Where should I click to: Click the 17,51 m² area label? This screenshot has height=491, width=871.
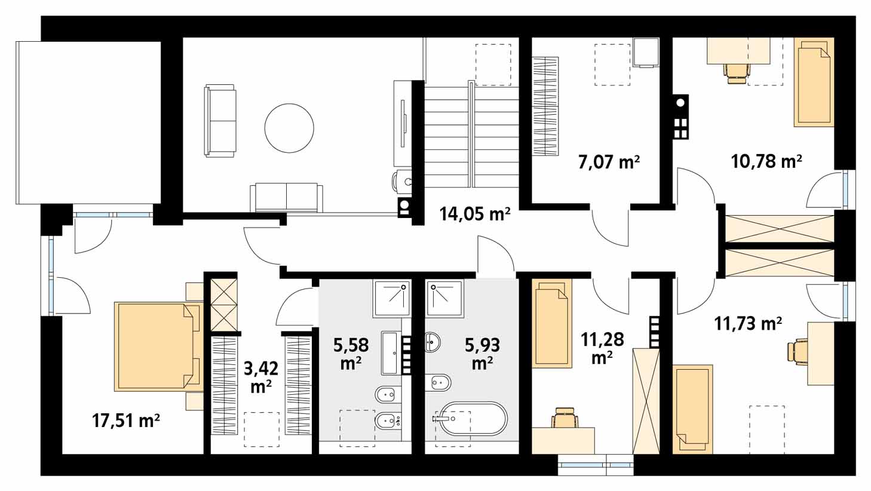click(126, 421)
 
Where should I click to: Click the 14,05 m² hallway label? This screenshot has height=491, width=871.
click(475, 214)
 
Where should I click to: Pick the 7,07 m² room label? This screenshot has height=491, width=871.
click(609, 162)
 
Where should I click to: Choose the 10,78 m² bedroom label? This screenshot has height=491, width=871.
click(766, 161)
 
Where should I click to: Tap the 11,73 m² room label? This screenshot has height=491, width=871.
click(748, 323)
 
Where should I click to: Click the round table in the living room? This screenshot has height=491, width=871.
click(289, 128)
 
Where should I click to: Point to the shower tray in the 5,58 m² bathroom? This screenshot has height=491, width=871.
click(391, 299)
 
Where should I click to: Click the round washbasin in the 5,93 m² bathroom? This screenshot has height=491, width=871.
click(433, 342)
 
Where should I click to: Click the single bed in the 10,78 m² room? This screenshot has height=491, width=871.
click(814, 82)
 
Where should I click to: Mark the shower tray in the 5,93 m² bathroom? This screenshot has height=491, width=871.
click(445, 299)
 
